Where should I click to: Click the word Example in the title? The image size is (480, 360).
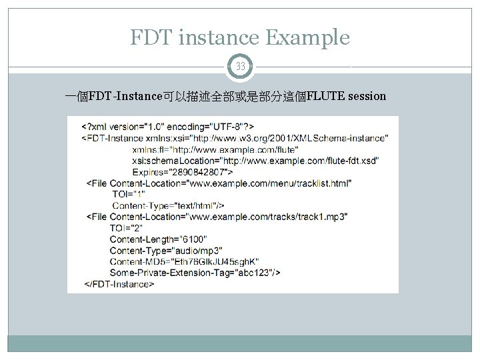click(307, 38)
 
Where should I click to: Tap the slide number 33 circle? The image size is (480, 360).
click(240, 66)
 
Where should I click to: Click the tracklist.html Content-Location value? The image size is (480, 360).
click(270, 183)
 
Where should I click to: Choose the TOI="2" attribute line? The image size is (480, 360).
click(126, 228)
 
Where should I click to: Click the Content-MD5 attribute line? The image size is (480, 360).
click(184, 261)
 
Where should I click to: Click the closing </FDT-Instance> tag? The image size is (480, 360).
click(119, 283)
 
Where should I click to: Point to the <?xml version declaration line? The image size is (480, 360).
click(167, 126)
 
